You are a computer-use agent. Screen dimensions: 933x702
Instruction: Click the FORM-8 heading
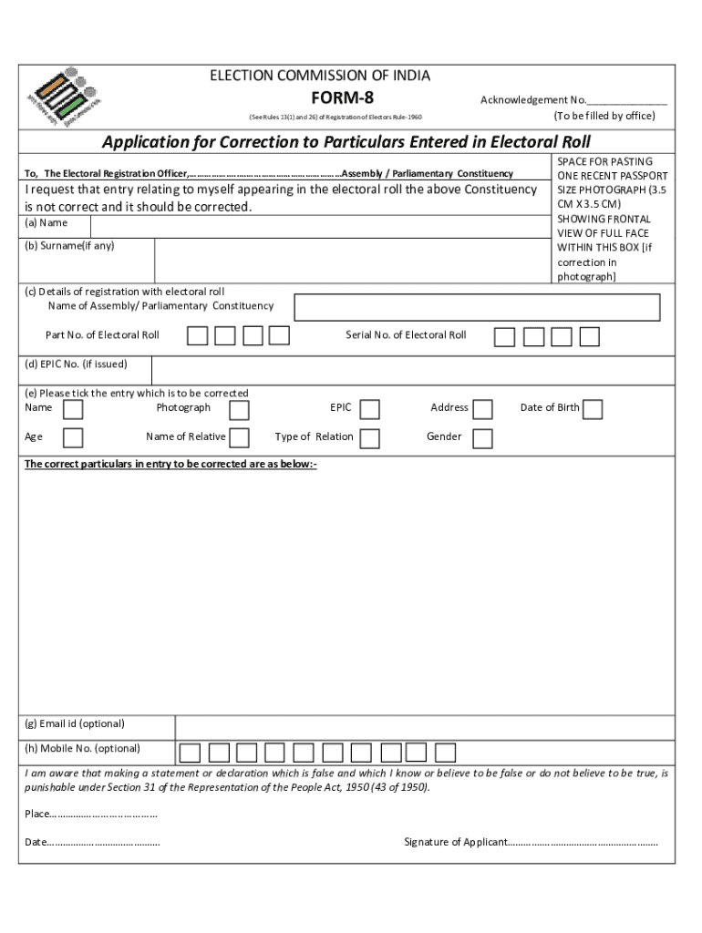click(x=343, y=98)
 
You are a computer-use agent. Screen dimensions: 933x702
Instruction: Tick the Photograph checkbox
click(x=239, y=409)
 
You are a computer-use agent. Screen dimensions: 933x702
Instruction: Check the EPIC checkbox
click(x=370, y=409)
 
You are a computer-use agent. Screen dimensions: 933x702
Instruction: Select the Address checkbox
click(x=483, y=409)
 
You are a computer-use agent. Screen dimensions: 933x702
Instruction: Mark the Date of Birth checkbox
click(x=593, y=409)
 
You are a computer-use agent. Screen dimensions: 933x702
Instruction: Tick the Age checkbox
click(x=73, y=438)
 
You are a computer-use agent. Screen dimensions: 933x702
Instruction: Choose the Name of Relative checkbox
click(x=239, y=438)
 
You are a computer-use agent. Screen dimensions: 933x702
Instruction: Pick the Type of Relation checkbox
click(x=370, y=438)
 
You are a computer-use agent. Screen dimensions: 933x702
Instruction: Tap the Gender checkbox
click(x=483, y=438)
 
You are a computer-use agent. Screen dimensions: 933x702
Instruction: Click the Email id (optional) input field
click(x=424, y=726)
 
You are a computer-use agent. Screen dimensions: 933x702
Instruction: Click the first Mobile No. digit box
click(x=190, y=753)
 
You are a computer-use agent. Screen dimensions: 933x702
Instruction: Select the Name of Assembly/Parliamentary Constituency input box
click(x=477, y=307)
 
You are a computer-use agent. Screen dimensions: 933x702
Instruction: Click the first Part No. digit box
click(x=197, y=336)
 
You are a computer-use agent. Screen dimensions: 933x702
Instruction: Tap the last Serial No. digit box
click(x=590, y=337)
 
